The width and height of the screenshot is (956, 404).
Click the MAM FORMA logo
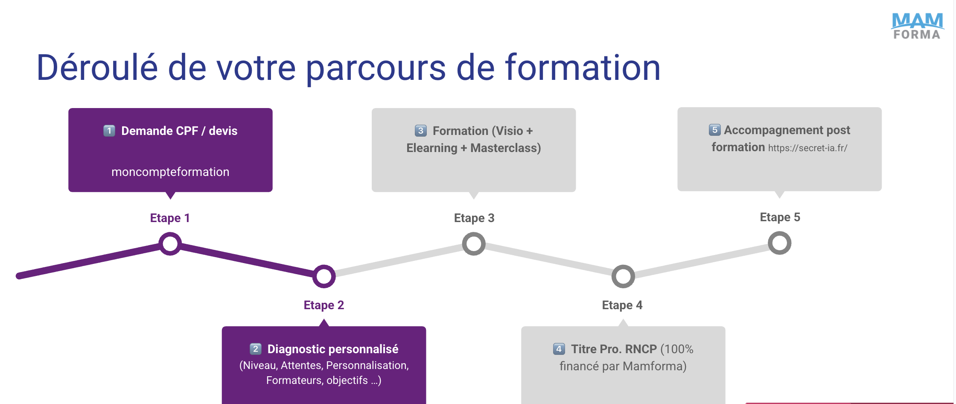(917, 26)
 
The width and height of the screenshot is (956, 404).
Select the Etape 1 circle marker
(170, 244)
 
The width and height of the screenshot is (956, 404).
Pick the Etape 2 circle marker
(324, 276)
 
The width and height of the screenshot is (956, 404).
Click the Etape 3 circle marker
(474, 244)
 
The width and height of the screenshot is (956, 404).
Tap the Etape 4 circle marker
(623, 276)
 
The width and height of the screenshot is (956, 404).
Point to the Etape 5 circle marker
(779, 243)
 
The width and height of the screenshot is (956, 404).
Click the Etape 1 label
(170, 218)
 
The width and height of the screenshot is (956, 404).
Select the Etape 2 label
(324, 305)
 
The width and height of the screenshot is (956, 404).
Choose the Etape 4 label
(622, 305)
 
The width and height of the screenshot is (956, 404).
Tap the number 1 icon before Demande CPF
(109, 131)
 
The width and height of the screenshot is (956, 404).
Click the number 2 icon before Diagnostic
(255, 349)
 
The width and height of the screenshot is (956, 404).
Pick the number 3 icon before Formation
(420, 131)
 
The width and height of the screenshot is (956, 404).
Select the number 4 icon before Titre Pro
(559, 349)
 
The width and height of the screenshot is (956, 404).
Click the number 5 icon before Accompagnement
(714, 130)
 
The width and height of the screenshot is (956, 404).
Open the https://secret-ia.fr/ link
(807, 148)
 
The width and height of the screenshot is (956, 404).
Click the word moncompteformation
(170, 172)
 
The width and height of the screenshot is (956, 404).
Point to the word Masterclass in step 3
(505, 148)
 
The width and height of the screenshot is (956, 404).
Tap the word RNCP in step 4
(641, 349)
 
